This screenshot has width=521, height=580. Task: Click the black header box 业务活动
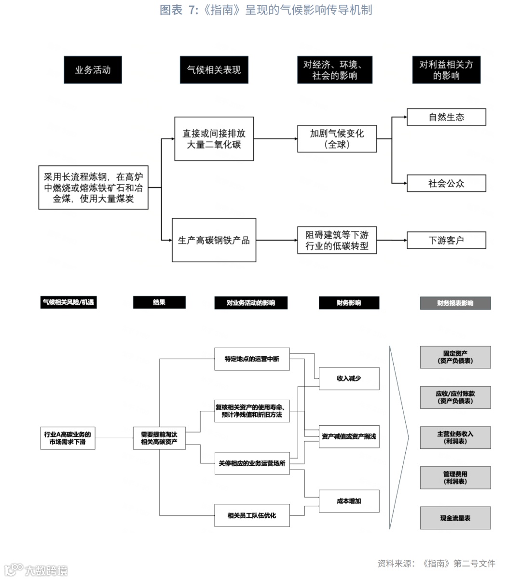pos(93,70)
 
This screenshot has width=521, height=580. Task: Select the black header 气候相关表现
pos(214,70)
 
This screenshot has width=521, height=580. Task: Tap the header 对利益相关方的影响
pos(446,70)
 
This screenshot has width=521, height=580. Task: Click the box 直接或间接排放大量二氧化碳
pos(214,139)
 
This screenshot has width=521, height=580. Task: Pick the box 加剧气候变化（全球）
pos(337,139)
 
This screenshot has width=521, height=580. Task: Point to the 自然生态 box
pos(446,117)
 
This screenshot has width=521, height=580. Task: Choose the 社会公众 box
pos(446,183)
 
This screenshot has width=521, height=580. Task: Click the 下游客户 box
pos(446,240)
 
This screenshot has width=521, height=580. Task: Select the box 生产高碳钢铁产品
pos(214,240)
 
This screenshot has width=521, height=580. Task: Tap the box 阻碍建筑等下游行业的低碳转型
pos(337,240)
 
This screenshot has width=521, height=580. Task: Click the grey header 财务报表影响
pos(455,303)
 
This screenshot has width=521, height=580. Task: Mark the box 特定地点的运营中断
pos(252,359)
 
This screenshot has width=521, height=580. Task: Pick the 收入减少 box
pos(349,378)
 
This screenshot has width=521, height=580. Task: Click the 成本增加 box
pos(349,501)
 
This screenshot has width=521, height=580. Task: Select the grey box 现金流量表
pos(455,518)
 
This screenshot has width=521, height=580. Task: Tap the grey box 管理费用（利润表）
pos(455,478)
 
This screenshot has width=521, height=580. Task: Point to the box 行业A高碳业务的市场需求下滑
pos(68,438)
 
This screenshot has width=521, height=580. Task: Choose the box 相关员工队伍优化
pos(252,515)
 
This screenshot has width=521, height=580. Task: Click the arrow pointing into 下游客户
pos(404,240)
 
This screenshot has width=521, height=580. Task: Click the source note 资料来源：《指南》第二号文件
pos(436,563)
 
